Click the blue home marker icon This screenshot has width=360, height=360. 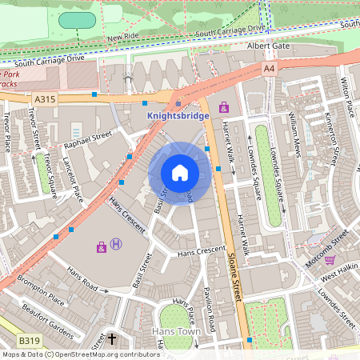pos(180,172)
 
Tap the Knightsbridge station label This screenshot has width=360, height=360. pos(178,115)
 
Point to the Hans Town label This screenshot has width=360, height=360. pos(178,330)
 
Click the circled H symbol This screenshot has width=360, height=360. pos(116,244)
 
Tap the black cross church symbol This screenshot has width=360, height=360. pos(111,340)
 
